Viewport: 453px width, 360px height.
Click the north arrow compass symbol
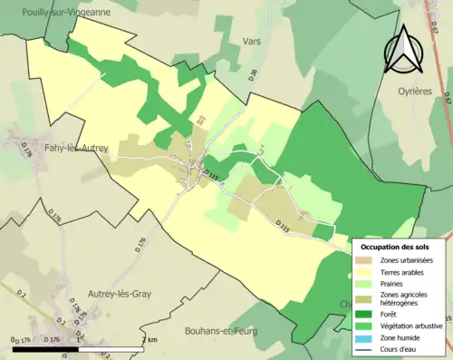pyautogui.click(x=405, y=50)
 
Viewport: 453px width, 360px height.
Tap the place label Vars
pyautogui.click(x=252, y=42)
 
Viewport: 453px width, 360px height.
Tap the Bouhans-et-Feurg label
pyautogui.click(x=219, y=331)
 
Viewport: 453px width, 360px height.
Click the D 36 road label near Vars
pyautogui.click(x=253, y=73)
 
